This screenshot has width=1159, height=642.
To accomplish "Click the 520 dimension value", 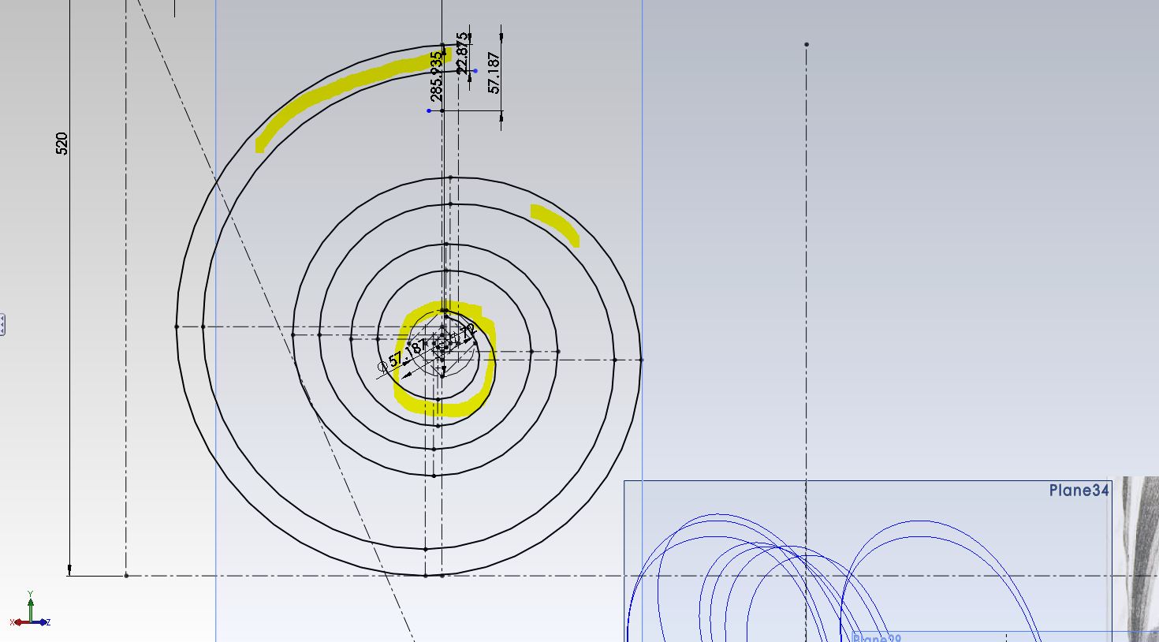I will [61, 144].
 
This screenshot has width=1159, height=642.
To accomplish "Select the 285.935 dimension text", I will [436, 77].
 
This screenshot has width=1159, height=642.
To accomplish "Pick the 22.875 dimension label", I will [462, 53].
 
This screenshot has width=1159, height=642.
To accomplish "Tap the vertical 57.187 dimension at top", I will [494, 73].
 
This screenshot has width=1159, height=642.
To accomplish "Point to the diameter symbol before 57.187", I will [383, 367].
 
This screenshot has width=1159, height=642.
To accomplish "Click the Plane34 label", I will [1079, 491].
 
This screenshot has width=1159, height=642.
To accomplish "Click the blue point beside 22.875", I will [475, 71].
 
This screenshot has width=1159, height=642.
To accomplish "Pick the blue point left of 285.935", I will [429, 110].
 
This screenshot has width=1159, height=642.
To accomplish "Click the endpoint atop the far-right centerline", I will [806, 44].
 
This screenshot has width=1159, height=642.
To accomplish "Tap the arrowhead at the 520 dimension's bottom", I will [69, 569].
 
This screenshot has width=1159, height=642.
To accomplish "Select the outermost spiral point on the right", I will [641, 360].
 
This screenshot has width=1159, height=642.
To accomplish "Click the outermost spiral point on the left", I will [177, 327].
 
